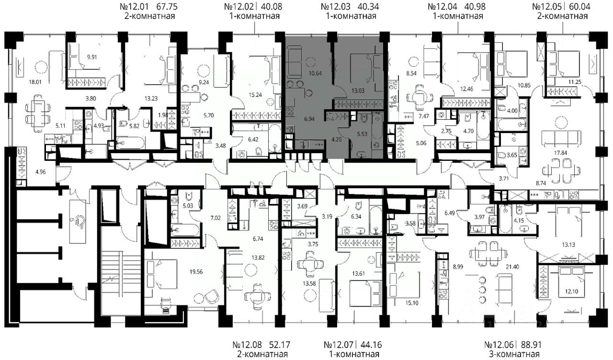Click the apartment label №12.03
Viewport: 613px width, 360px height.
coord(336,6)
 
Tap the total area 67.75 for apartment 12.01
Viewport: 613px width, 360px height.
coord(166,6)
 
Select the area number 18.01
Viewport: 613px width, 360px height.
coord(35,82)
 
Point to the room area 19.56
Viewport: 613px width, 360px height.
coord(196,271)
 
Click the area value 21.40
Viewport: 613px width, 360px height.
coord(512,267)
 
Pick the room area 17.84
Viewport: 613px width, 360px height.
coord(560,153)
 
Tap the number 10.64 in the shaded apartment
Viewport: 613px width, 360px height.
coord(315,73)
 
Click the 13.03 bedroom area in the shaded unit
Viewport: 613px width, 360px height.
coord(358,91)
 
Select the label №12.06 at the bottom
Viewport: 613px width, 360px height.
coord(499,344)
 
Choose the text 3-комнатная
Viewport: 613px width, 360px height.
coord(514,354)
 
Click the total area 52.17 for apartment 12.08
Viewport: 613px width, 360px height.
coord(279,344)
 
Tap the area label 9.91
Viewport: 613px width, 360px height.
coord(92,57)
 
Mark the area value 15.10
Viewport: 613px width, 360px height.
coord(411,303)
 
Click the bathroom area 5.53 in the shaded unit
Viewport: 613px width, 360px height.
coord(362,134)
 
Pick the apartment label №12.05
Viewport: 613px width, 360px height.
coord(547,6)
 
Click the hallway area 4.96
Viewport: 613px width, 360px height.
coord(41,172)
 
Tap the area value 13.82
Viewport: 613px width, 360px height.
coord(258,258)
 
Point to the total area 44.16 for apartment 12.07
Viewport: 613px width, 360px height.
coord(371,344)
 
